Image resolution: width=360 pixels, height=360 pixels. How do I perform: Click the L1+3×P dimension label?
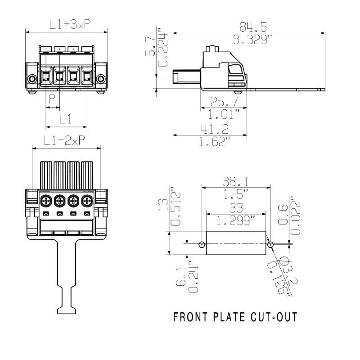click(67, 25)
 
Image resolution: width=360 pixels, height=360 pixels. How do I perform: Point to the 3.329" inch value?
click(249, 40)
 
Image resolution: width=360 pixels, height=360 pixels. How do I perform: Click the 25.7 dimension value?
click(223, 101)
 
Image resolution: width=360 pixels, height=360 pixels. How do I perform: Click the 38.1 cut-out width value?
click(236, 181)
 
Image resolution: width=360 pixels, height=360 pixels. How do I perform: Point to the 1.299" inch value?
click(236, 221)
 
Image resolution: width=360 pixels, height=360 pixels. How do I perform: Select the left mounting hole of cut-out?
click(202, 244)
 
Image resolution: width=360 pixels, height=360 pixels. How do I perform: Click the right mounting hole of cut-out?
click(270, 244)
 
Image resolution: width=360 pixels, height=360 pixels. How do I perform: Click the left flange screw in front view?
click(32, 80)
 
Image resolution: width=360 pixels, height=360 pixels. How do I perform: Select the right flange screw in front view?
click(101, 80)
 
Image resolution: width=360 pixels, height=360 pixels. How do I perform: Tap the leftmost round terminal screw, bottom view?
click(45, 199)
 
